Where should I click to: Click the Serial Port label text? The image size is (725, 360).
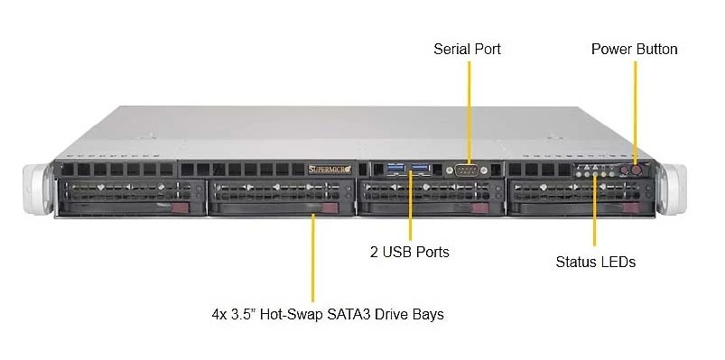(467, 49)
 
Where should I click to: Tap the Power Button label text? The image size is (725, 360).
(635, 49)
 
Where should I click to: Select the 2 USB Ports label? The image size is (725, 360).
(410, 252)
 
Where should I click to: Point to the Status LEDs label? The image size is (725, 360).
(596, 262)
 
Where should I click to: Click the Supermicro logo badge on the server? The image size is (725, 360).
(330, 170)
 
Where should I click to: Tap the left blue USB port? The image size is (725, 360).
(393, 169)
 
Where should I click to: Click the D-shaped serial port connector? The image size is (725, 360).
(467, 170)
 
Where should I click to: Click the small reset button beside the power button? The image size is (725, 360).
(624, 171)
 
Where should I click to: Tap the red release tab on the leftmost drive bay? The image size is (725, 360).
(181, 208)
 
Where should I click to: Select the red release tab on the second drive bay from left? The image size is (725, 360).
(330, 208)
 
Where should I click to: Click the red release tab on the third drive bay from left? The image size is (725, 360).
(481, 208)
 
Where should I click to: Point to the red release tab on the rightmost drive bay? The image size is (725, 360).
(632, 208)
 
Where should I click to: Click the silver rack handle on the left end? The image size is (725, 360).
(38, 189)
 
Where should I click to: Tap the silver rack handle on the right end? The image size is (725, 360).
(672, 189)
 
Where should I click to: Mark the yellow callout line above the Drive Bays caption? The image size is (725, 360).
(313, 257)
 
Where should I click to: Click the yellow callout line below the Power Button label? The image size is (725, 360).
(635, 113)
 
